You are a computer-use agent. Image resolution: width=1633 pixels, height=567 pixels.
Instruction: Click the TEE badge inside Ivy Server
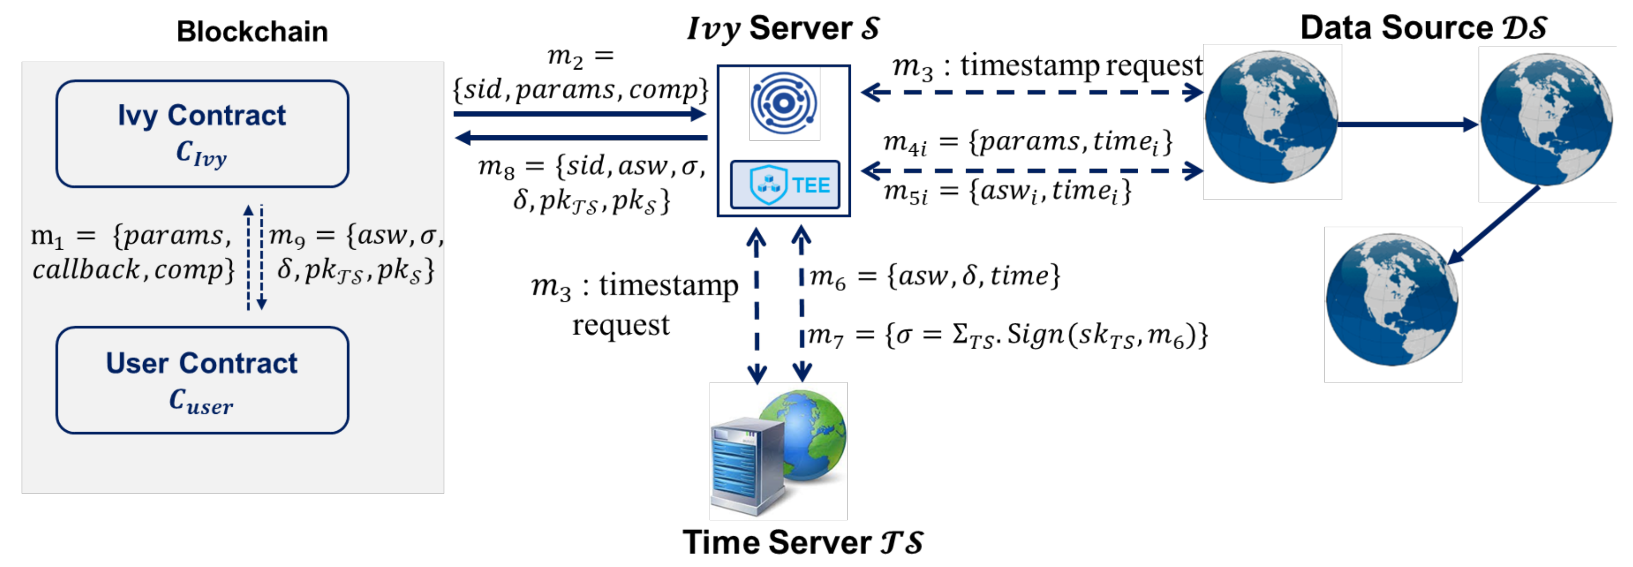785,185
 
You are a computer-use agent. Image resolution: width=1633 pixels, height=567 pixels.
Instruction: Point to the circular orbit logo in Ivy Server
784,103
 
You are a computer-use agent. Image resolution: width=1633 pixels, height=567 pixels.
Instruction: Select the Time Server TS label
803,542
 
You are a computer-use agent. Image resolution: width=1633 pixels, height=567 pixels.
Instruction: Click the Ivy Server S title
784,28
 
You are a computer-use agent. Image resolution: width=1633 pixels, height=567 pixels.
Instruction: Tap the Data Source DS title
1423,28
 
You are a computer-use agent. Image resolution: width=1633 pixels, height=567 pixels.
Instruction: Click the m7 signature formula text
1008,335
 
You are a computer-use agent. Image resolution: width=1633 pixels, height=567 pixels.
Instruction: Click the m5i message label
1007,191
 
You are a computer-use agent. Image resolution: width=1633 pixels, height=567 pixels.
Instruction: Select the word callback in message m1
86,270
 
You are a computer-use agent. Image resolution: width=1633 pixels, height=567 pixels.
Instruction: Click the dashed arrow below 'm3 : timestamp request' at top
1032,93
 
